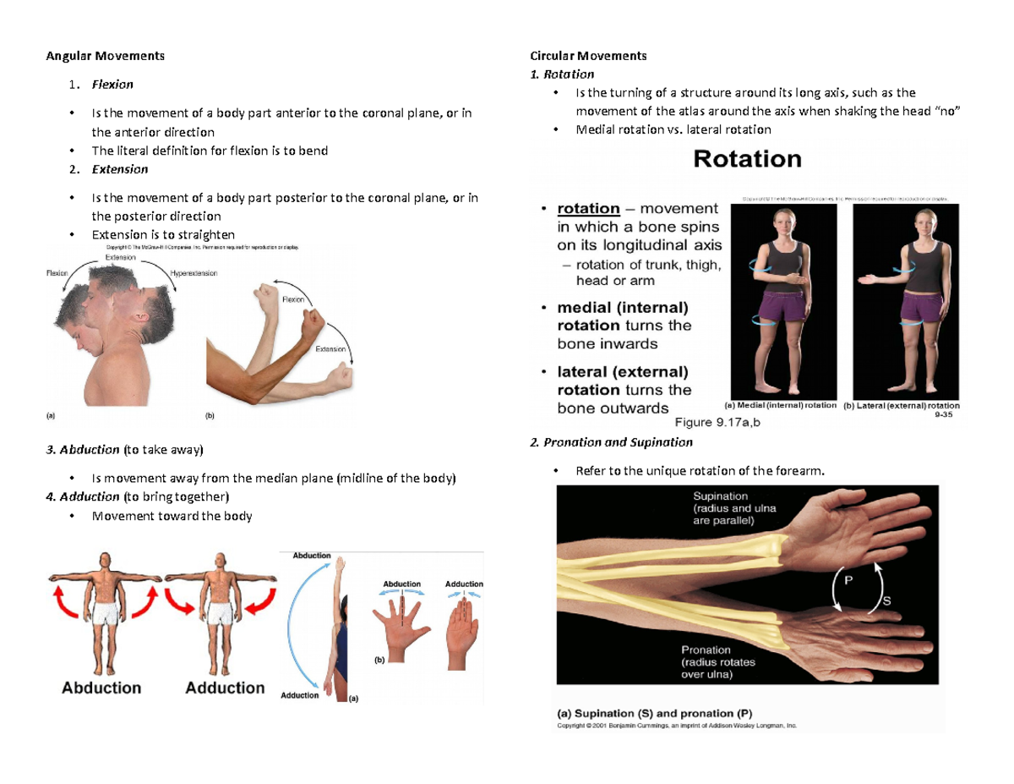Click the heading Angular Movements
(105, 57)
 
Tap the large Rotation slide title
(747, 159)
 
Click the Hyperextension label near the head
(194, 273)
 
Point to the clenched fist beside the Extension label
(341, 373)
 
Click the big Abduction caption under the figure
(101, 688)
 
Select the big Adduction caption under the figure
(225, 688)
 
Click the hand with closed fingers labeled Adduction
(462, 627)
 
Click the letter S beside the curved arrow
(886, 601)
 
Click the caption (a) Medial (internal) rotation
(782, 405)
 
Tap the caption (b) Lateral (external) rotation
(902, 405)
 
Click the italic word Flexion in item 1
(112, 85)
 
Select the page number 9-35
(942, 415)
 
